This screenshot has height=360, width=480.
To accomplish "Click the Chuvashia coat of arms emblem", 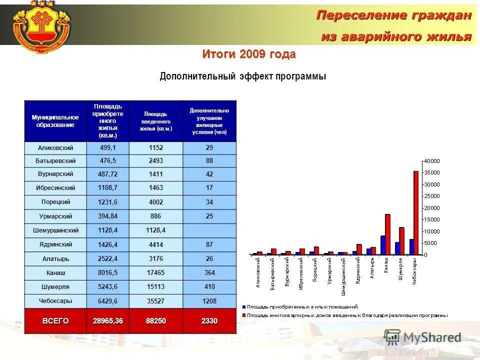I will (x=41, y=28).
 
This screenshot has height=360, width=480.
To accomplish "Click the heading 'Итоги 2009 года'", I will (x=248, y=54).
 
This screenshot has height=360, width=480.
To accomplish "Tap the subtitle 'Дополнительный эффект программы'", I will (x=242, y=76).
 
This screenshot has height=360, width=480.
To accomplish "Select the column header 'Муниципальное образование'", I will (x=55, y=121).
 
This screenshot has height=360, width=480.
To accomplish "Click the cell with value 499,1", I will (x=107, y=148).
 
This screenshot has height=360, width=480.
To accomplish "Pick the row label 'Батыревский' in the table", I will (x=55, y=161).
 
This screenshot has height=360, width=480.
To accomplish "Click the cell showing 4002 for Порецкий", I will (x=155, y=202).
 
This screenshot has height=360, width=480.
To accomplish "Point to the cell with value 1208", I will (x=209, y=301).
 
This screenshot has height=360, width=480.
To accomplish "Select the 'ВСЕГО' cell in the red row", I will (x=55, y=320).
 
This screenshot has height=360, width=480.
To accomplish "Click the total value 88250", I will (x=155, y=320).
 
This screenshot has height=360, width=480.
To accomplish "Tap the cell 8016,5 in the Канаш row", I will (x=107, y=272).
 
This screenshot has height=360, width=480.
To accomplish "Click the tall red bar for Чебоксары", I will (x=415, y=212).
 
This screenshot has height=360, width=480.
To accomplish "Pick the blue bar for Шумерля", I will (x=397, y=248).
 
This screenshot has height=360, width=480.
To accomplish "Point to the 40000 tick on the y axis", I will (x=432, y=161).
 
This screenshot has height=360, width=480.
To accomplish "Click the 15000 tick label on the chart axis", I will (x=432, y=219).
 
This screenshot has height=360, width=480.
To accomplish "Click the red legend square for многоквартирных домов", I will (x=244, y=315).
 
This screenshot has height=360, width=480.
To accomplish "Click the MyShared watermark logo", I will (x=422, y=337).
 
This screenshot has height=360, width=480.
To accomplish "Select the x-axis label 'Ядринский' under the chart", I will (x=357, y=270).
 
